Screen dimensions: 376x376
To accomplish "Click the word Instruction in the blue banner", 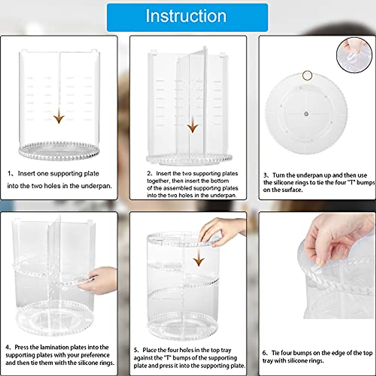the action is pyautogui.click(x=186, y=16).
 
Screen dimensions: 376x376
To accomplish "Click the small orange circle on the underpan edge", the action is pyautogui.click(x=307, y=75).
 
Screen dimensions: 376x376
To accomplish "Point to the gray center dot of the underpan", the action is pyautogui.click(x=306, y=113).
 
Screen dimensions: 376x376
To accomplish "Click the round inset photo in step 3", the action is pyautogui.click(x=354, y=55).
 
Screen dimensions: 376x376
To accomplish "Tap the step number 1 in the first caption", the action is pyautogui.click(x=9, y=174).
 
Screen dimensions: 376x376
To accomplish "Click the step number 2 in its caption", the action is pyautogui.click(x=149, y=174).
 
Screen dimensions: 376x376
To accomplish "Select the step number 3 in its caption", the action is pyautogui.click(x=265, y=175).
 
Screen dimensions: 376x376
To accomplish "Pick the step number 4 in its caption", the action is pyautogui.click(x=8, y=347).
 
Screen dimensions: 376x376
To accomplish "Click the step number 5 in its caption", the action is pyautogui.click(x=136, y=350).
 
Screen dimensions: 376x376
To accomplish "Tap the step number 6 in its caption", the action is pyautogui.click(x=264, y=353).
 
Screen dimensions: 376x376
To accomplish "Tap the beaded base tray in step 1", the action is pyautogui.click(x=59, y=151).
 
